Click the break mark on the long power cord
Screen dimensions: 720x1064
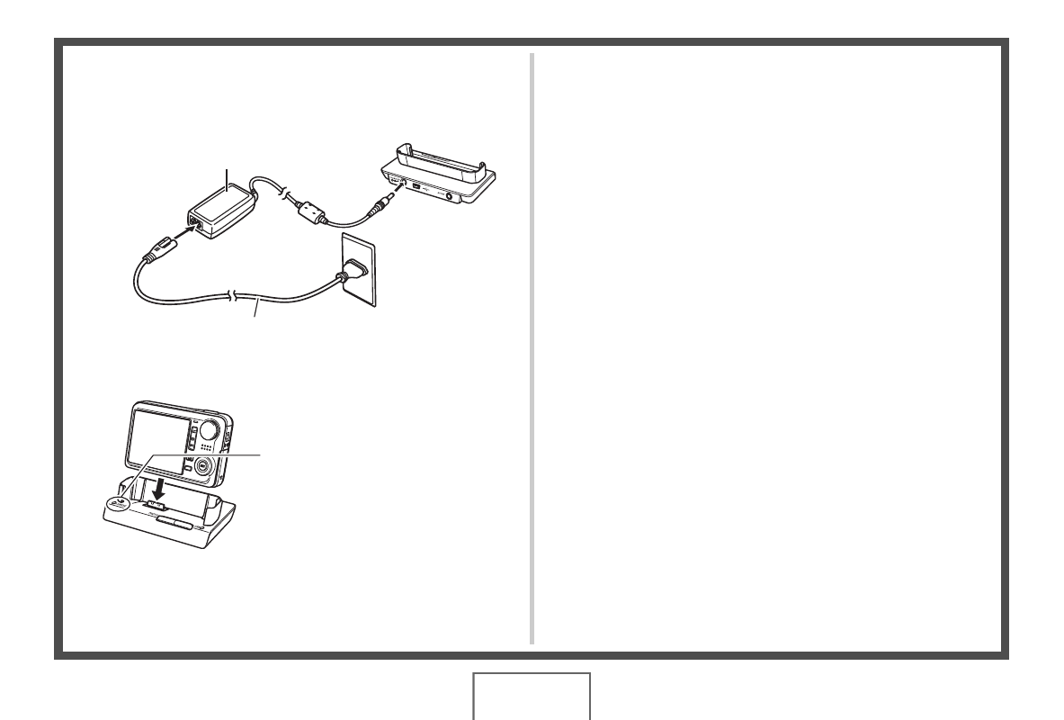pyautogui.click(x=235, y=298)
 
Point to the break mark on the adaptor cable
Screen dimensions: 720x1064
pyautogui.click(x=283, y=192)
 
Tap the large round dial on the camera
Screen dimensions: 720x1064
pyautogui.click(x=213, y=427)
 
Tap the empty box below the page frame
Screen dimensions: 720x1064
pyautogui.click(x=532, y=697)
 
